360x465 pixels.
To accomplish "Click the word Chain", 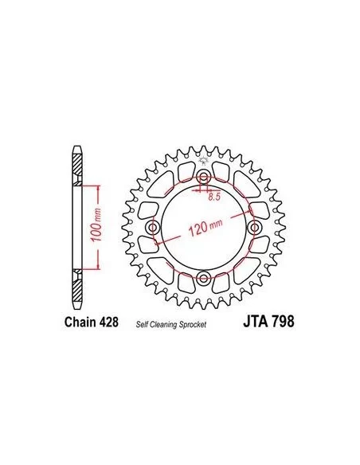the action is click(80, 322).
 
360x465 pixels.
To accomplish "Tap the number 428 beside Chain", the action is click(109, 322).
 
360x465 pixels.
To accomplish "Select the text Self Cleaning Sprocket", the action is click(171, 325).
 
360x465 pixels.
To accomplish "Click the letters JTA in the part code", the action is click(254, 322).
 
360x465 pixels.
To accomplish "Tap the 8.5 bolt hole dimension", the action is click(214, 197).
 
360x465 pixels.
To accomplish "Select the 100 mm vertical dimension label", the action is click(96, 225).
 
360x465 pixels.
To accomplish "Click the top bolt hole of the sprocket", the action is click(203, 178).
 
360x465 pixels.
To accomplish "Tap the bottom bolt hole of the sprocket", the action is click(203, 278).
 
